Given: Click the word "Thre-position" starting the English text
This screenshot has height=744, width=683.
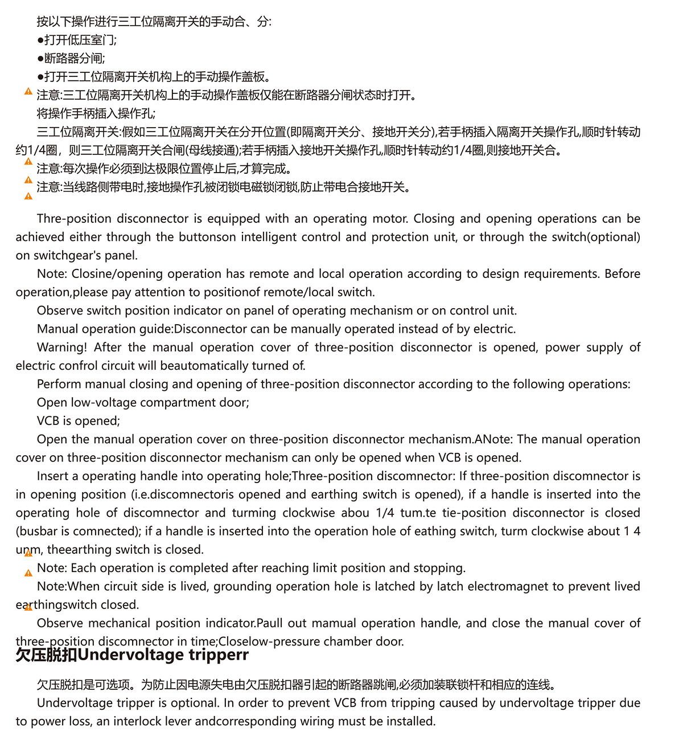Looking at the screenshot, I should (x=73, y=219).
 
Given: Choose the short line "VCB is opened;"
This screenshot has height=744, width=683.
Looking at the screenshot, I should (x=79, y=421).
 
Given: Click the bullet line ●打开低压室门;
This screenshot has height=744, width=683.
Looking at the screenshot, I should (x=77, y=40).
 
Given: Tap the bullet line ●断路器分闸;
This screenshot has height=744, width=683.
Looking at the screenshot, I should (x=71, y=58).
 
